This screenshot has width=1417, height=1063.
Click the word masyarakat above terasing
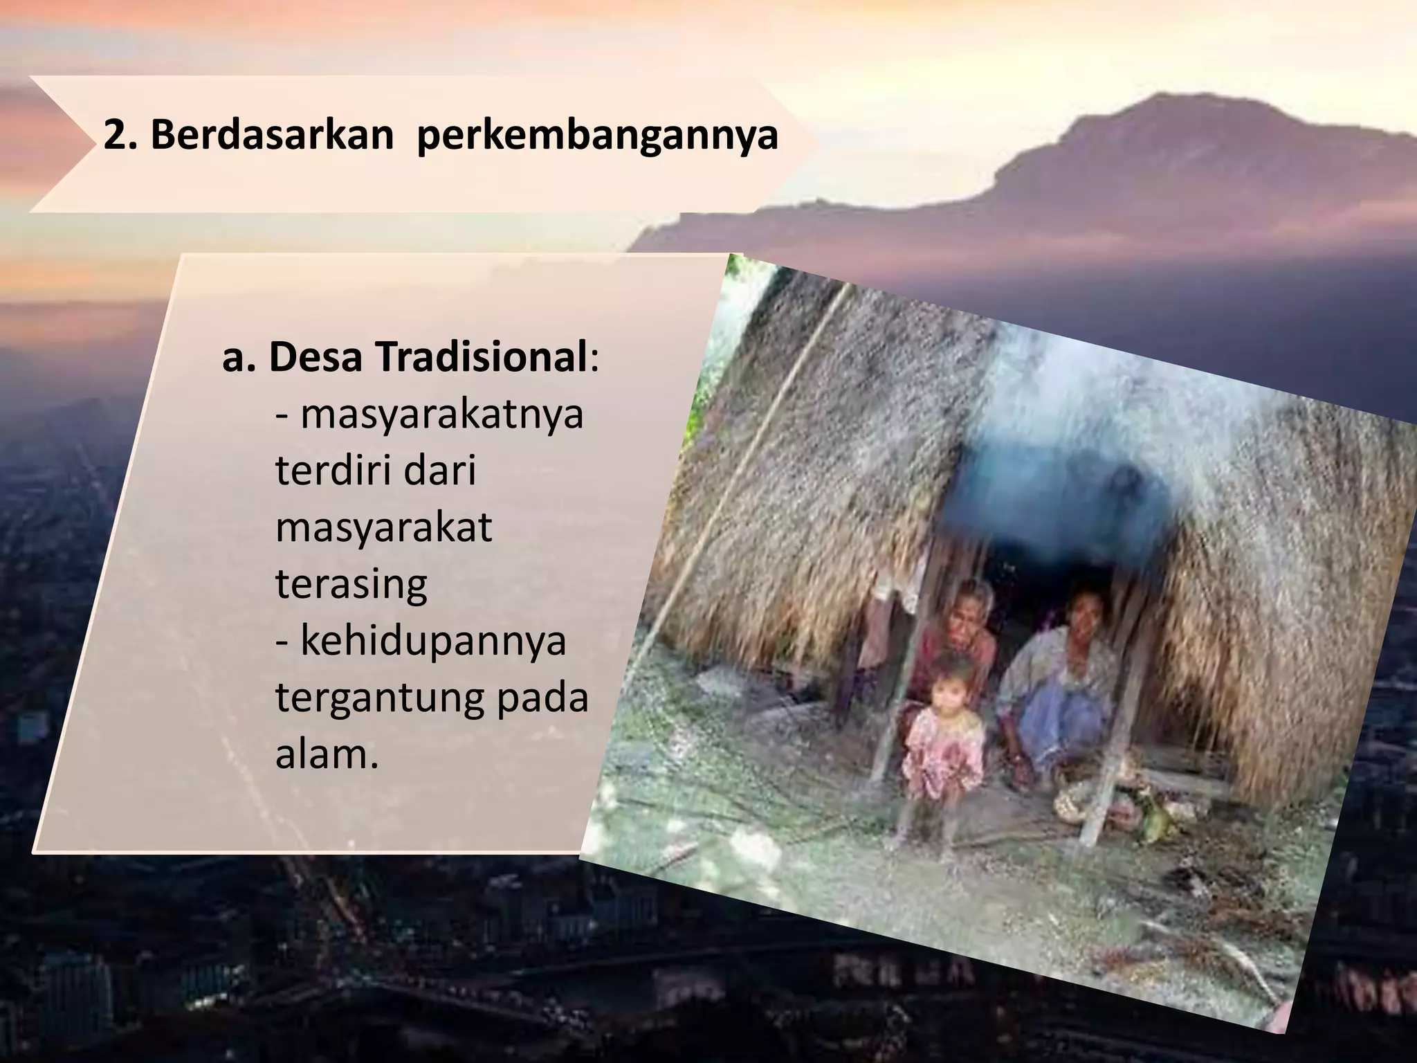[x=383, y=527]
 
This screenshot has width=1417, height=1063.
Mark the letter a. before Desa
[x=239, y=358]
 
